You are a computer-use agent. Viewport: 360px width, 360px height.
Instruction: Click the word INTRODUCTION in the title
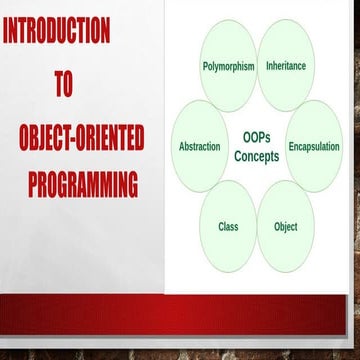[56, 33]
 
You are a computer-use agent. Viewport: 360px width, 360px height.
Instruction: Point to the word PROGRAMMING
[83, 185]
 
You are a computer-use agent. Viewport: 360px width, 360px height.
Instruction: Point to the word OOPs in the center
[256, 136]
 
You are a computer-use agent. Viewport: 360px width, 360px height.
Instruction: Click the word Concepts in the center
[256, 157]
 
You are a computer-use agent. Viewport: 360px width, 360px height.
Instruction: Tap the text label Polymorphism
[229, 66]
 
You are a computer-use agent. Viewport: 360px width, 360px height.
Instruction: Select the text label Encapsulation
[314, 147]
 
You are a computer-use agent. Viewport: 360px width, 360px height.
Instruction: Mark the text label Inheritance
[286, 66]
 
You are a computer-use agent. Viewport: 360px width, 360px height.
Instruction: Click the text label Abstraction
[199, 147]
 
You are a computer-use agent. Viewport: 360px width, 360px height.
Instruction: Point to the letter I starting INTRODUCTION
[7, 33]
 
